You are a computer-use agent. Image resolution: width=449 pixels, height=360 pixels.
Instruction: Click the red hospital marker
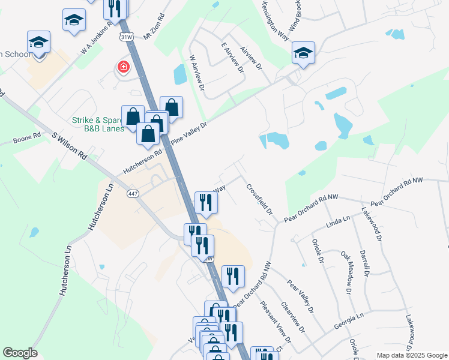pyautogui.click(x=124, y=66)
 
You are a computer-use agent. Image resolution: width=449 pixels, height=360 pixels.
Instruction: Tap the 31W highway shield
pyautogui.click(x=125, y=37)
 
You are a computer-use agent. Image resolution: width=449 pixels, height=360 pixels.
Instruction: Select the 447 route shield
pyautogui.click(x=133, y=193)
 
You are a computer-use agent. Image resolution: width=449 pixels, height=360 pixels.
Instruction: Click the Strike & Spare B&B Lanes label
pyautogui.click(x=98, y=124)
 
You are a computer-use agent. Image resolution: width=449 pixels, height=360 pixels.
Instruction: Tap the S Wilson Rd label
pyautogui.click(x=70, y=146)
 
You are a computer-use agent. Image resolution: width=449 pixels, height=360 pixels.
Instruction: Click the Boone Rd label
pyautogui.click(x=27, y=139)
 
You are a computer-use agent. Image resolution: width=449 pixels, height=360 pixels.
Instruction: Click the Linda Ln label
pyautogui.click(x=337, y=224)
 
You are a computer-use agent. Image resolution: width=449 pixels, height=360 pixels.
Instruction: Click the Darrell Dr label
pyautogui.click(x=363, y=264)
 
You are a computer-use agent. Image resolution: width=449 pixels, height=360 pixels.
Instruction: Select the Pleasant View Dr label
pyautogui.click(x=276, y=322)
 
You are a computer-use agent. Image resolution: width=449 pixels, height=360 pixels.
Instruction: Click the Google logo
pyautogui.click(x=20, y=353)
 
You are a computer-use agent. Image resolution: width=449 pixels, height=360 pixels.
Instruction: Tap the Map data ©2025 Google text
pyautogui.click(x=411, y=355)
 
